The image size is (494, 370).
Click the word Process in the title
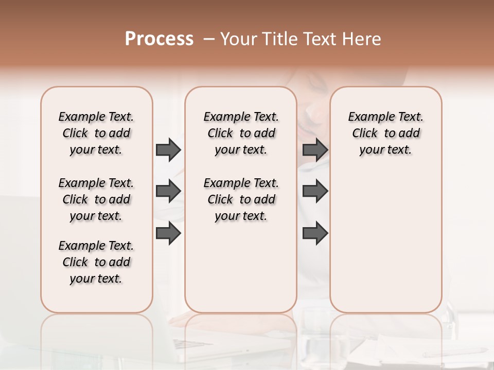point(159,39)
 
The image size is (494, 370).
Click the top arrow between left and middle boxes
point(168,150)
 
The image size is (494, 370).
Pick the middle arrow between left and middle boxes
point(168,191)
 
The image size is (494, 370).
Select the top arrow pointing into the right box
point(315,150)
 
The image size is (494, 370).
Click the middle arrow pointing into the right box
point(315,191)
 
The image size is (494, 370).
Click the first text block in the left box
point(96,133)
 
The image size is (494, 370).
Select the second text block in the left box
point(96,199)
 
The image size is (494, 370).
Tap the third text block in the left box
point(96,262)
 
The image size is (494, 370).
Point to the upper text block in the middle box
point(241,133)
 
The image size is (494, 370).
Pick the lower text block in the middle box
point(241,199)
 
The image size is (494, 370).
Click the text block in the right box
point(385,133)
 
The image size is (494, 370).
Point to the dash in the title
point(209,39)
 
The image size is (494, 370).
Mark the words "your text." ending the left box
point(96,279)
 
